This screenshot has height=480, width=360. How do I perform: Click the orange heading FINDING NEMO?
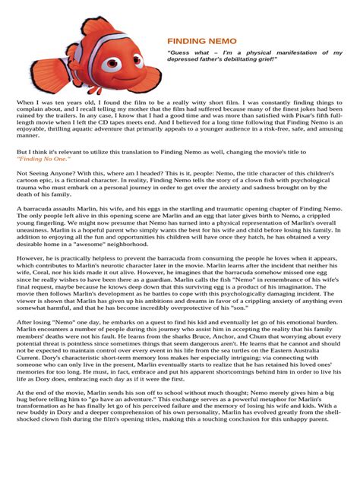coord(201,39)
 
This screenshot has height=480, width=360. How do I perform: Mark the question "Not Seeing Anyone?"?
coord(43,173)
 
